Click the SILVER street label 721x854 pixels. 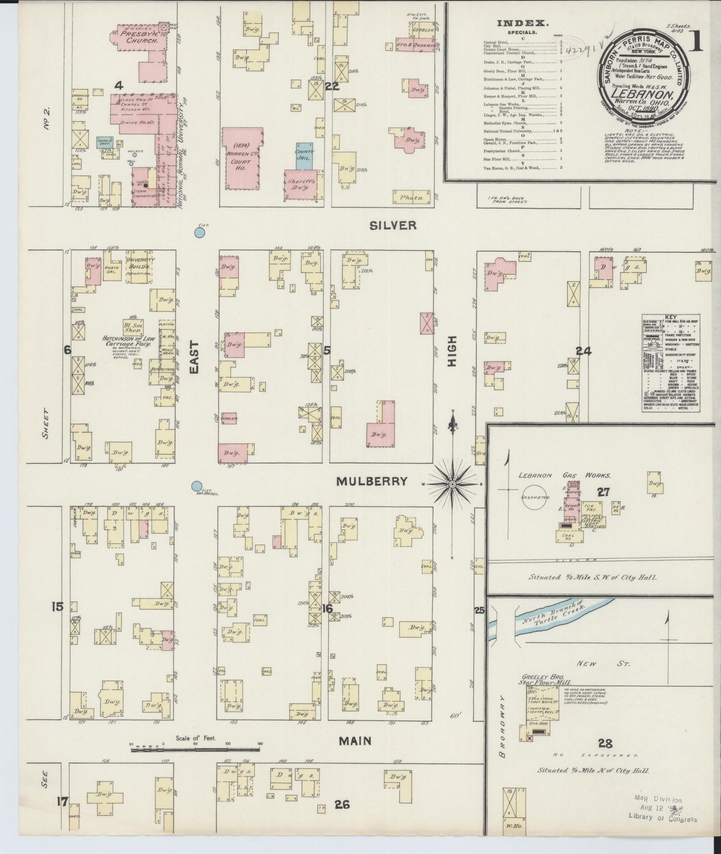[393, 226]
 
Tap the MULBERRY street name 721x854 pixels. [371, 481]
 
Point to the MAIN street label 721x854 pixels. [355, 741]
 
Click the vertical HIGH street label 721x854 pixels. [452, 358]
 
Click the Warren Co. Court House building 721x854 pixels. [241, 159]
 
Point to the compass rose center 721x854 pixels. [452, 484]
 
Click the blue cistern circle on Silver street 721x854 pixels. [200, 232]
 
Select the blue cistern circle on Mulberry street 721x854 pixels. [197, 486]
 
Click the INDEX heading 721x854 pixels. [522, 23]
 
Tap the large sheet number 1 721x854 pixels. [696, 42]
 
